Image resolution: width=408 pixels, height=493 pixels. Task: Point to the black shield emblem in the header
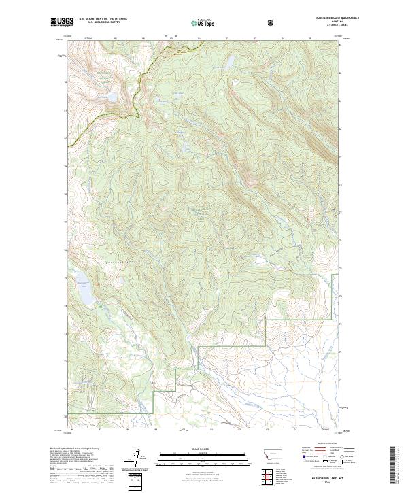point(273,22)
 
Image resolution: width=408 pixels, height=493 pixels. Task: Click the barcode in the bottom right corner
point(399,469)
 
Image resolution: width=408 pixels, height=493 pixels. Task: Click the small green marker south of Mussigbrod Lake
point(102,305)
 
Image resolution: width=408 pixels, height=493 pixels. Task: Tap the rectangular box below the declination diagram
point(137,481)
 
